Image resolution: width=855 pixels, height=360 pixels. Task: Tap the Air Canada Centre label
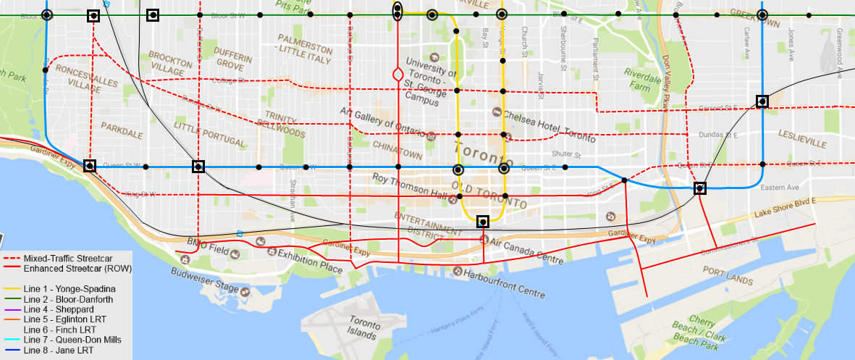click(528, 260)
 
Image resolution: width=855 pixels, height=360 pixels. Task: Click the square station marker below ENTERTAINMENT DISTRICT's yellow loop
click(483, 222)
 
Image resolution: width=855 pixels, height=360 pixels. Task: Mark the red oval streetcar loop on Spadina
click(397, 74)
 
